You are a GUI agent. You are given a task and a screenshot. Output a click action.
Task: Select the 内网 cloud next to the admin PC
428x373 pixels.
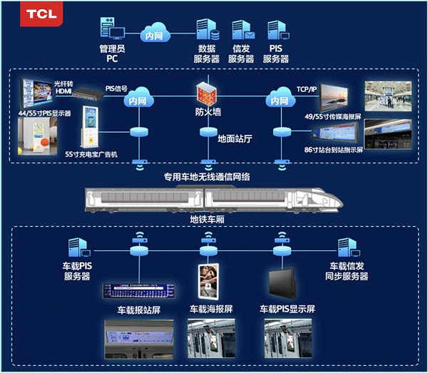152,34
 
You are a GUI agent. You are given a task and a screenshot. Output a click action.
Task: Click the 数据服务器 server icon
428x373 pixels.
206,31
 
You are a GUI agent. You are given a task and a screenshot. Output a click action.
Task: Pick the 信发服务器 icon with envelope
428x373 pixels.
241,31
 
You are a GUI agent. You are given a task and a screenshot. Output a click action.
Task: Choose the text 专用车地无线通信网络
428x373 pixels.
207,175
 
